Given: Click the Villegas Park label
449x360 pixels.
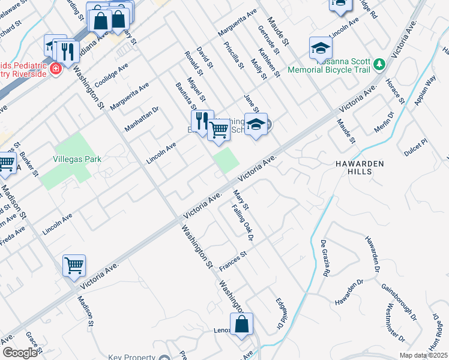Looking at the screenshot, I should point(76,159).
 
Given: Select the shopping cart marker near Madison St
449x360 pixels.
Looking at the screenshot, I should point(74,265).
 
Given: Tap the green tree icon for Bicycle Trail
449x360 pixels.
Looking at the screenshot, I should point(379,62).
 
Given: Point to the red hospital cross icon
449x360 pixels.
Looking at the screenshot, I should point(56,68).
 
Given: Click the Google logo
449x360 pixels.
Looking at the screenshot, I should point(19,353).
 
